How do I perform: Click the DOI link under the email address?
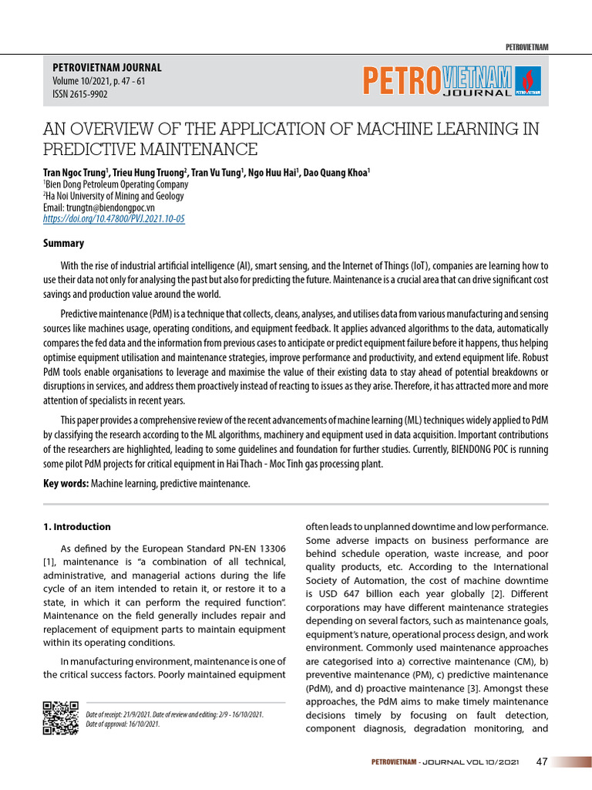tap(114, 219)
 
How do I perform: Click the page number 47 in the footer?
tap(541, 762)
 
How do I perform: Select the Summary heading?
tap(63, 243)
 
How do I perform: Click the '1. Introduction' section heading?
tap(76, 527)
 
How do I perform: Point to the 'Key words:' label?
tap(66, 483)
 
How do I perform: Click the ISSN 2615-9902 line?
tap(79, 94)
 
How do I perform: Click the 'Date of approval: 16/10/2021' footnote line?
tap(123, 724)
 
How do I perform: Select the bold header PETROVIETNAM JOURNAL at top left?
tap(106, 68)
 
